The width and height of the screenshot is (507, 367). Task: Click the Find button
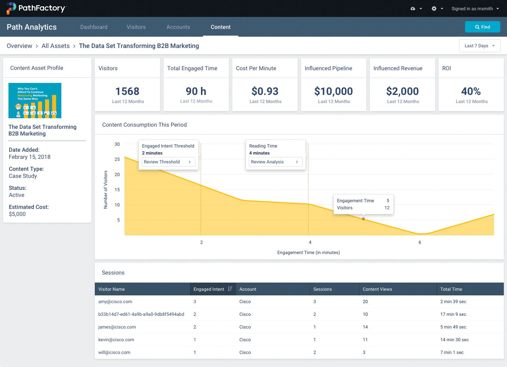click(482, 27)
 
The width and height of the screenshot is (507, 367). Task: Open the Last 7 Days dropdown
click(479, 46)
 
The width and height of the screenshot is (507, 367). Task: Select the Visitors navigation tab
click(136, 27)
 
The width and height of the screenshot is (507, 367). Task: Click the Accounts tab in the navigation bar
click(178, 27)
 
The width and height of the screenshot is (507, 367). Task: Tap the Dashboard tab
click(94, 27)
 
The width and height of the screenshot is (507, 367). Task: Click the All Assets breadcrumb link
click(56, 46)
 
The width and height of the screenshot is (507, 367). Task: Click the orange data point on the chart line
click(363, 219)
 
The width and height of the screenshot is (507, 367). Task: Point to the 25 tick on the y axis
click(117, 160)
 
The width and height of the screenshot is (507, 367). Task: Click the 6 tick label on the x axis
click(420, 242)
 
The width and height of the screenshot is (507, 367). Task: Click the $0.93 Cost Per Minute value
click(265, 91)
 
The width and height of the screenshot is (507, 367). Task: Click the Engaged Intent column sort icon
click(230, 289)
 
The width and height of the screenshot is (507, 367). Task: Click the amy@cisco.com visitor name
click(115, 302)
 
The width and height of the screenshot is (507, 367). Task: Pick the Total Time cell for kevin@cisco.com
click(454, 340)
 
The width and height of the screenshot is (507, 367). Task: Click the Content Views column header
click(377, 289)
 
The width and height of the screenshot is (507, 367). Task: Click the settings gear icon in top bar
click(434, 8)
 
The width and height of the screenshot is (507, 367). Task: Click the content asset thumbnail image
click(35, 101)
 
